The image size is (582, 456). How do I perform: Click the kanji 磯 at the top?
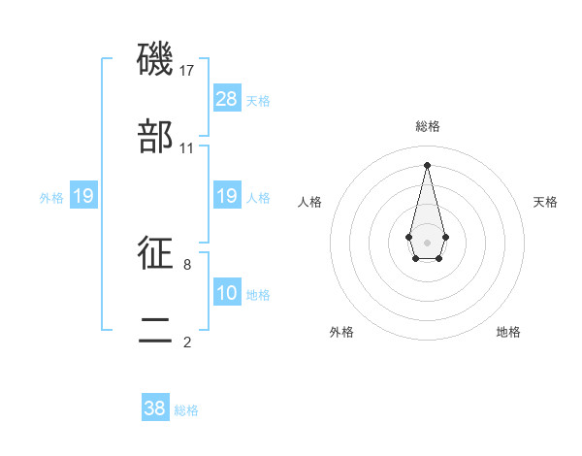tap(156, 60)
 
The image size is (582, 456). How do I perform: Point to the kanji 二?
tap(156, 330)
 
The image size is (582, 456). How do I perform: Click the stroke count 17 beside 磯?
tap(187, 71)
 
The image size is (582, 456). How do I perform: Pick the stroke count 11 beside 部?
tap(187, 148)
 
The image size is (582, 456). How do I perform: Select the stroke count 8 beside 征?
tap(187, 264)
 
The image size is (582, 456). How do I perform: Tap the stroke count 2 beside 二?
tap(187, 342)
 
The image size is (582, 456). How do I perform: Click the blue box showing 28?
tap(227, 99)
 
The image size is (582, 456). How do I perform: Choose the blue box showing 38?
tap(155, 408)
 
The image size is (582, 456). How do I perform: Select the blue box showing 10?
tap(227, 293)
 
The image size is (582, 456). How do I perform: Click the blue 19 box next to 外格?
tap(83, 196)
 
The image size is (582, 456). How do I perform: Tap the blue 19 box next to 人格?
tap(227, 196)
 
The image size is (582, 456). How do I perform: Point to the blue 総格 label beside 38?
tap(186, 410)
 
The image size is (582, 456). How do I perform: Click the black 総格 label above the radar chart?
tap(428, 127)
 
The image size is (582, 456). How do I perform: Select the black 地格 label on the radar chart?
tap(508, 332)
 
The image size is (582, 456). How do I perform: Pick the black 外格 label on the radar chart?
tap(341, 332)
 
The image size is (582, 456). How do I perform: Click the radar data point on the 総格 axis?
tap(427, 165)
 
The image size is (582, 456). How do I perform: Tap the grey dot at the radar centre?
tap(427, 241)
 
